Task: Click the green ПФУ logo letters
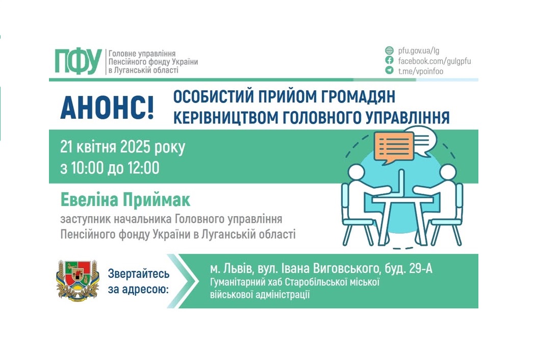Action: pyautogui.click(x=79, y=62)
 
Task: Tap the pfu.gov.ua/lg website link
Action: pyautogui.click(x=419, y=50)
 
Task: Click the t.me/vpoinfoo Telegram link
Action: pyautogui.click(x=421, y=71)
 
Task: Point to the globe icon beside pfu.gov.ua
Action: pyautogui.click(x=390, y=50)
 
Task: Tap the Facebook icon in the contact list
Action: pyautogui.click(x=390, y=61)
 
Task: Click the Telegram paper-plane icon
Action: pyautogui.click(x=390, y=71)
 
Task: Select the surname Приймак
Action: pyautogui.click(x=156, y=200)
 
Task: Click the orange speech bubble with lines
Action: pyautogui.click(x=394, y=147)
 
